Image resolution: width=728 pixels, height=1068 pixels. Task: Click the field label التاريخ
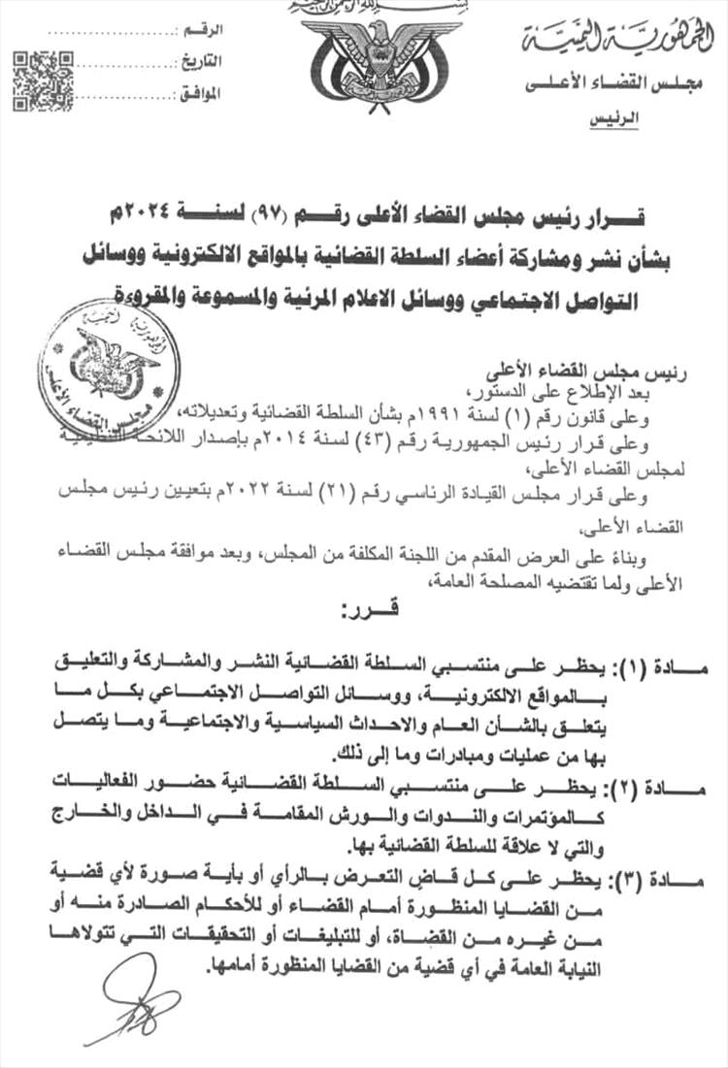[x=201, y=63]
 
